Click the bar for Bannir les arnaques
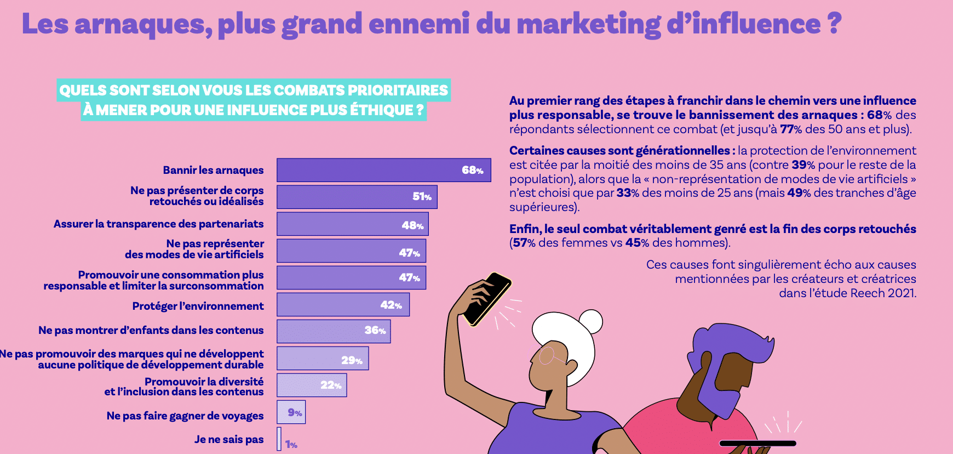point(383,170)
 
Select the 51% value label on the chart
point(422,197)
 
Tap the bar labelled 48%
point(352,224)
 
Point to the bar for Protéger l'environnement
point(343,304)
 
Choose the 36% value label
point(375,330)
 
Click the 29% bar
point(323,359)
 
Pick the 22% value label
point(331,385)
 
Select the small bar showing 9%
point(291,412)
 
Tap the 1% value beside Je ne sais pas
point(291,445)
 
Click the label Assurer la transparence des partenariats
point(158,224)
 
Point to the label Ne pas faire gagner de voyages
point(185,416)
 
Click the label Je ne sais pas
point(228,439)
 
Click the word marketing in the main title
point(588,25)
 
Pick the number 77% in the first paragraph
point(791,129)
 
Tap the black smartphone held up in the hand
point(487,299)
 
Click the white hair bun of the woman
point(590,321)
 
